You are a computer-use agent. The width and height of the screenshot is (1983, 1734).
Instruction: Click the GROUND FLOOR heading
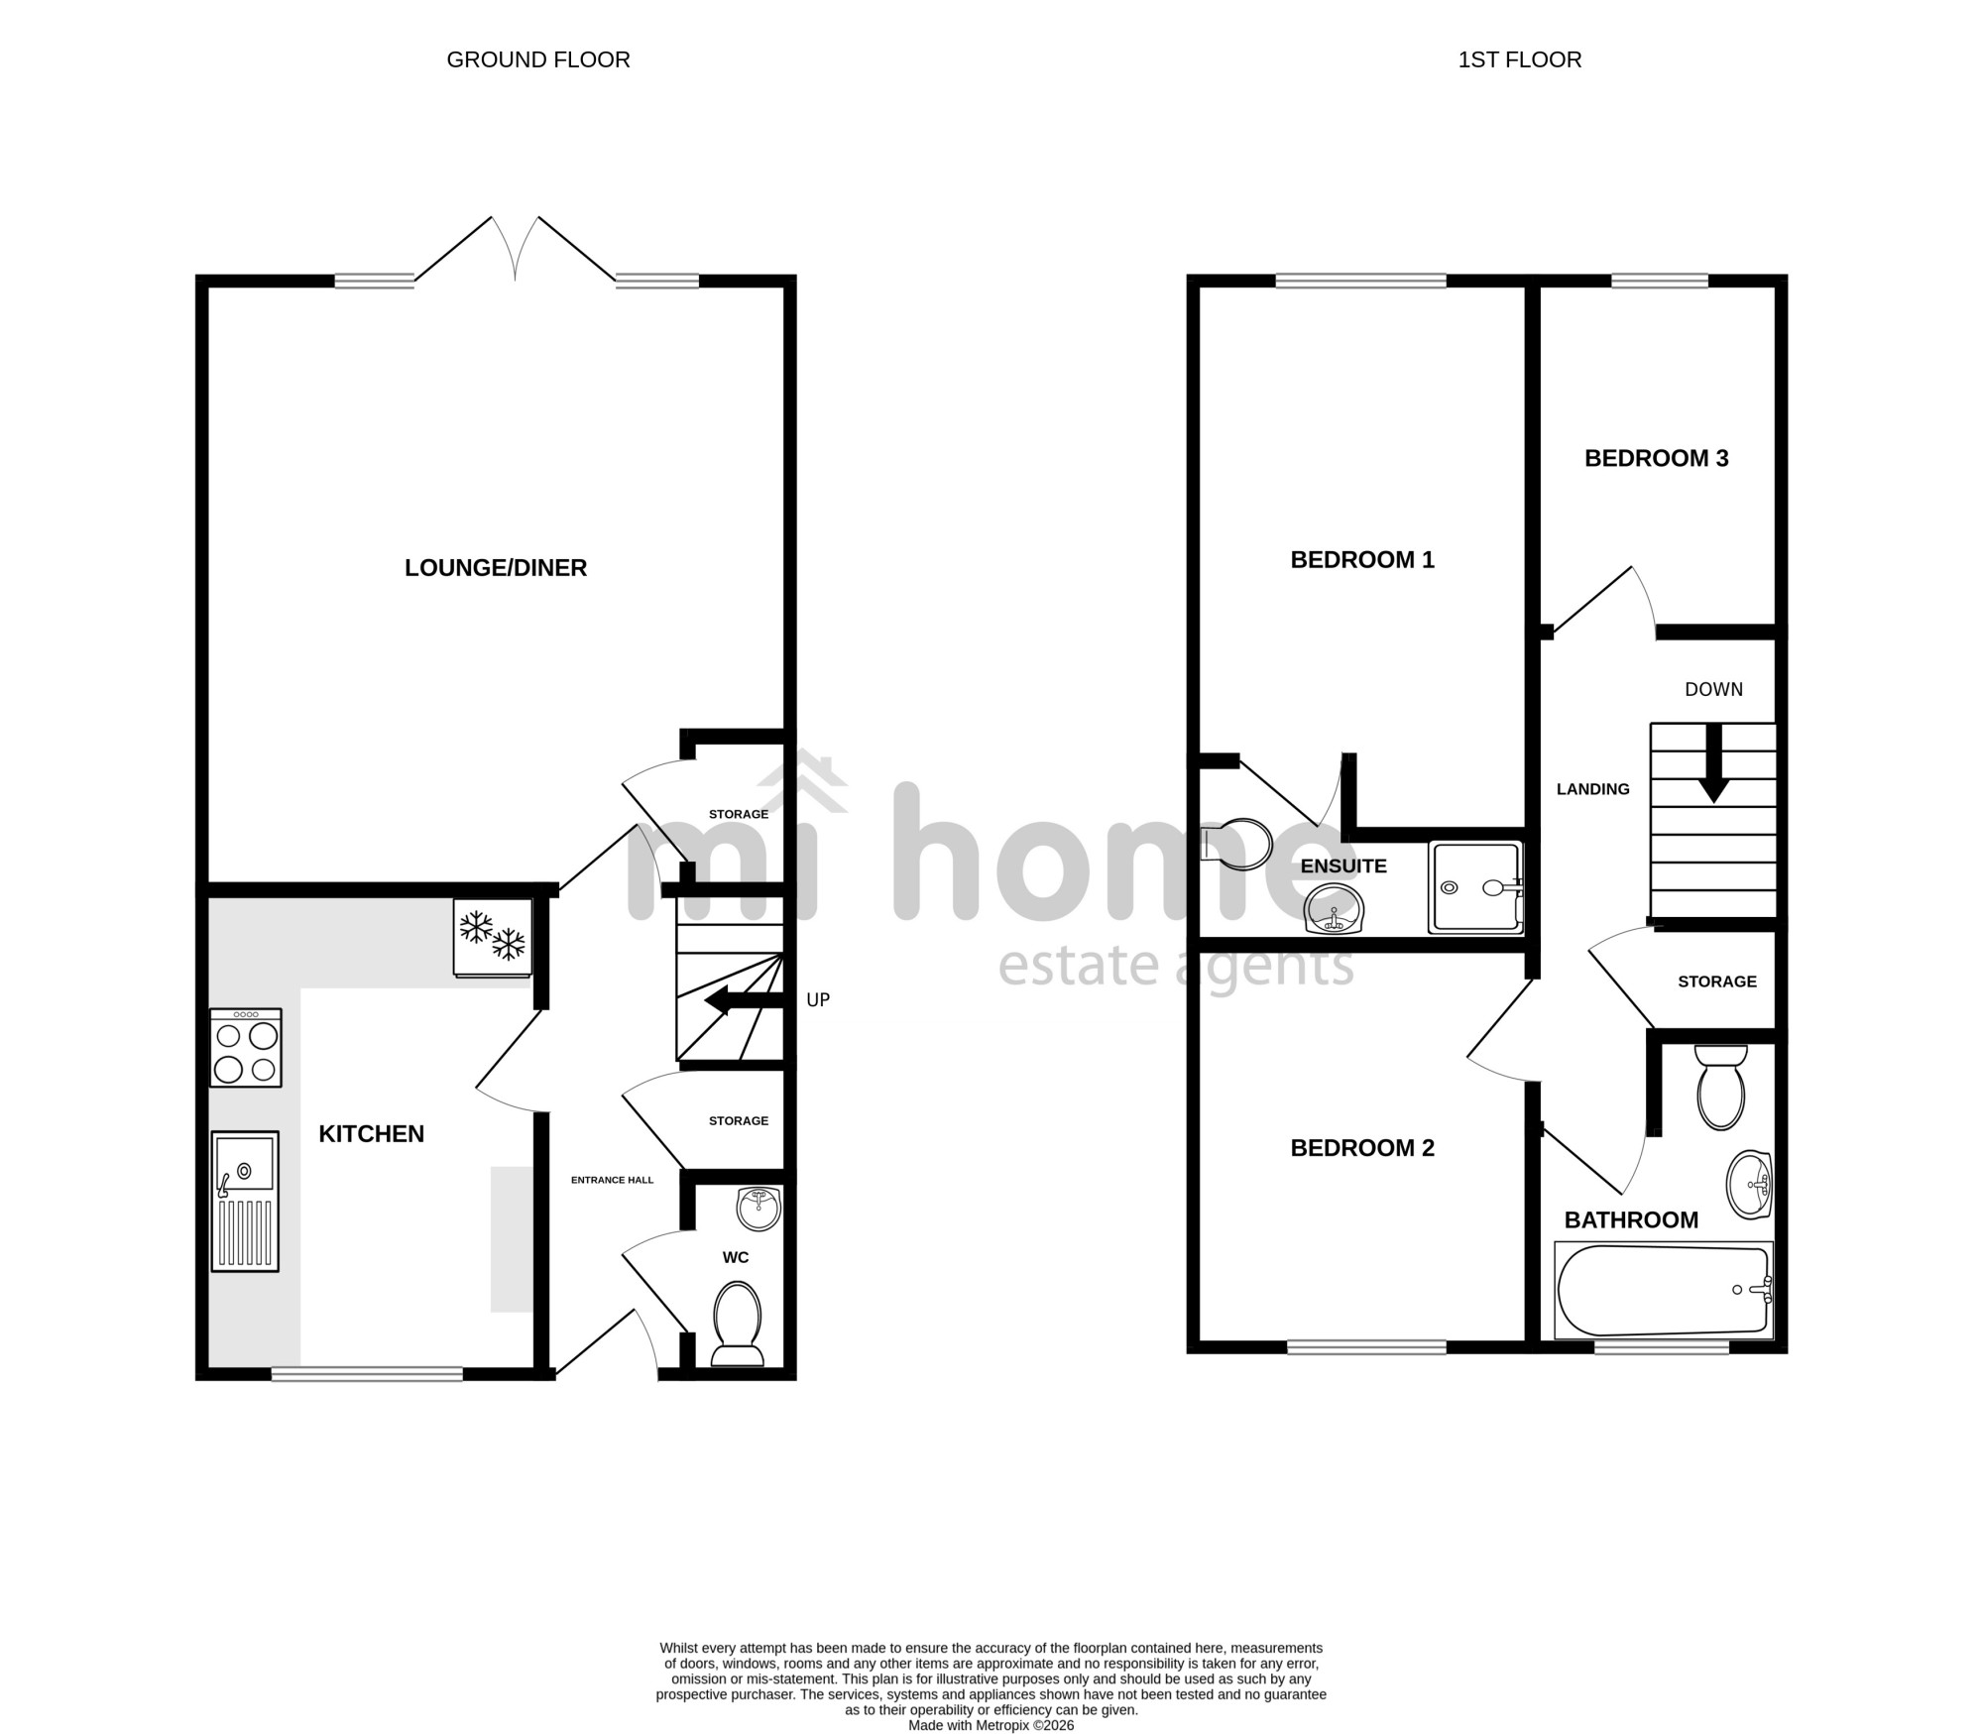pyautogui.click(x=538, y=59)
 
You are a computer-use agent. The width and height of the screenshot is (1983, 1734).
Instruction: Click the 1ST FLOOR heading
pyautogui.click(x=1519, y=59)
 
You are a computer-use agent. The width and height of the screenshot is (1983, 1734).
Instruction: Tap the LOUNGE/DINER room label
pyautogui.click(x=496, y=567)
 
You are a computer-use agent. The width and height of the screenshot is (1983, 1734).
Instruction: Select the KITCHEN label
pyautogui.click(x=371, y=1133)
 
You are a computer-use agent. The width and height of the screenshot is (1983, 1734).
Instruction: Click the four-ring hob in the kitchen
pyautogui.click(x=246, y=1047)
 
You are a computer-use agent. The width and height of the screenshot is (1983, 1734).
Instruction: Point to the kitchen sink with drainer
pyautogui.click(x=245, y=1201)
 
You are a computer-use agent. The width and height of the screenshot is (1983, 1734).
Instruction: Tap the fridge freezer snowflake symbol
pyautogui.click(x=493, y=936)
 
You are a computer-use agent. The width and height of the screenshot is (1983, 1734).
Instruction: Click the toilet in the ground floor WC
pyautogui.click(x=737, y=1324)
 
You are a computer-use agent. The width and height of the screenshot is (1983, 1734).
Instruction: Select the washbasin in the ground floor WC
pyautogui.click(x=759, y=1209)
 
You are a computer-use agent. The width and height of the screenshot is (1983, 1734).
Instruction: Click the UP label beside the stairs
pyautogui.click(x=818, y=999)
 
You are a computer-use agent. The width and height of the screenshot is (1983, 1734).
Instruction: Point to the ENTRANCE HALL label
pyautogui.click(x=612, y=1180)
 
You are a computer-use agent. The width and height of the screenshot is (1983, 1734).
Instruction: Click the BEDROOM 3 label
pyautogui.click(x=1656, y=458)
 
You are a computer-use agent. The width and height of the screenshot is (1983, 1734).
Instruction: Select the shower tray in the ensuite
pyautogui.click(x=1475, y=887)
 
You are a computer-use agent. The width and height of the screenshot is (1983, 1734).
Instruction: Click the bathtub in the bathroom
pyautogui.click(x=1664, y=1290)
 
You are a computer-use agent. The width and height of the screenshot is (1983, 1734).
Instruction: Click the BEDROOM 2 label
pyautogui.click(x=1362, y=1147)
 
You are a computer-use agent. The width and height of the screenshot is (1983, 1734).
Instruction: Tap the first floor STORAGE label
pyautogui.click(x=1717, y=982)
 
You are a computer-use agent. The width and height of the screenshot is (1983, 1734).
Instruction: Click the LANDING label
pyautogui.click(x=1593, y=789)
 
